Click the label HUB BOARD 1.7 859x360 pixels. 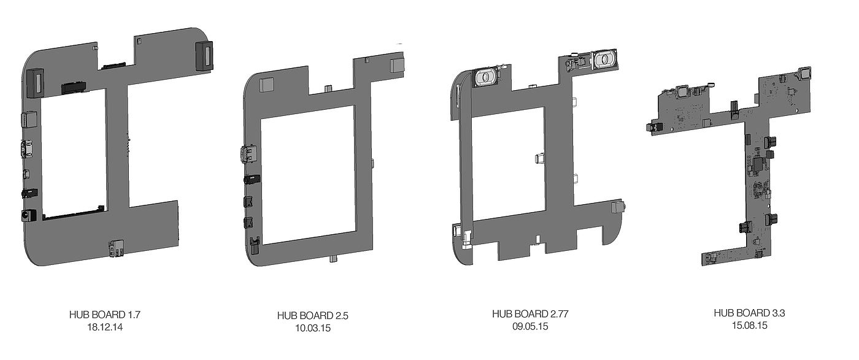click(105, 315)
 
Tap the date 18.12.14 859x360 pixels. click(105, 327)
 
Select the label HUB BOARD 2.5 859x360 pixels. click(312, 315)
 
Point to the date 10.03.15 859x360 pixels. click(312, 328)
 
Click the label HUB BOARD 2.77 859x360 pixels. click(530, 314)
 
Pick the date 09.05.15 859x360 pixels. click(530, 327)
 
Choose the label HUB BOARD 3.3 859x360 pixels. click(749, 313)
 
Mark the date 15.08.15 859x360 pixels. click(749, 326)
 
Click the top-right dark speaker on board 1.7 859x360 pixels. click(204, 56)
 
